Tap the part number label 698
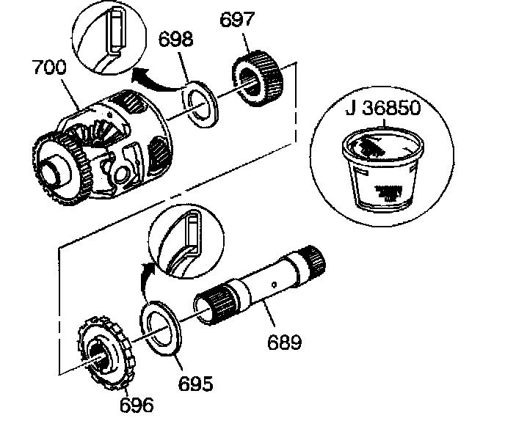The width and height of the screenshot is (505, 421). point(176,38)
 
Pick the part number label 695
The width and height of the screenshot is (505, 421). point(195,382)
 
